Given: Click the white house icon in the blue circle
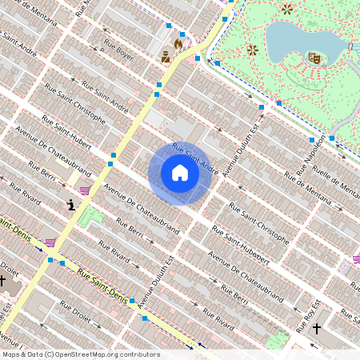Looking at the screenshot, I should (180, 173).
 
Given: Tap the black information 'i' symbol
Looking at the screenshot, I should (72, 205).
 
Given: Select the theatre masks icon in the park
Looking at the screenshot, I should (314, 58).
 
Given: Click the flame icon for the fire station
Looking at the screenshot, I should (178, 44).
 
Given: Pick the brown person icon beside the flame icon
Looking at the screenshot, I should (166, 56).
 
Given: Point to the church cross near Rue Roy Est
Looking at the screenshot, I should (316, 328).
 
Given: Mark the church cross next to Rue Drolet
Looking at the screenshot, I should (3, 282).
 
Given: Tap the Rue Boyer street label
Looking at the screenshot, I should (119, 51).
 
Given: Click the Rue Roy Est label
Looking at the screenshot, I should (310, 316).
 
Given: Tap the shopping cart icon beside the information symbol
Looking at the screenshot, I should (84, 190).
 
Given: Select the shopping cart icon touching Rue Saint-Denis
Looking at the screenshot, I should (50, 242).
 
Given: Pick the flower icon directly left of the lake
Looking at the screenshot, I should (252, 50).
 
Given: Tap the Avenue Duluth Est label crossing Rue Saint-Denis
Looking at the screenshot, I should (156, 282).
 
